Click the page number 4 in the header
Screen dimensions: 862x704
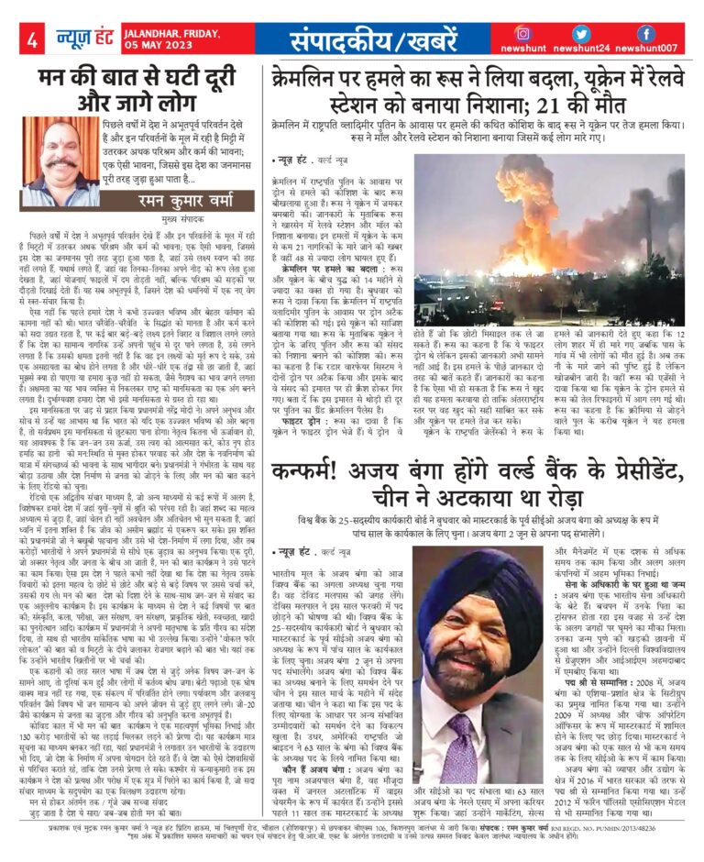tap(32, 39)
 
